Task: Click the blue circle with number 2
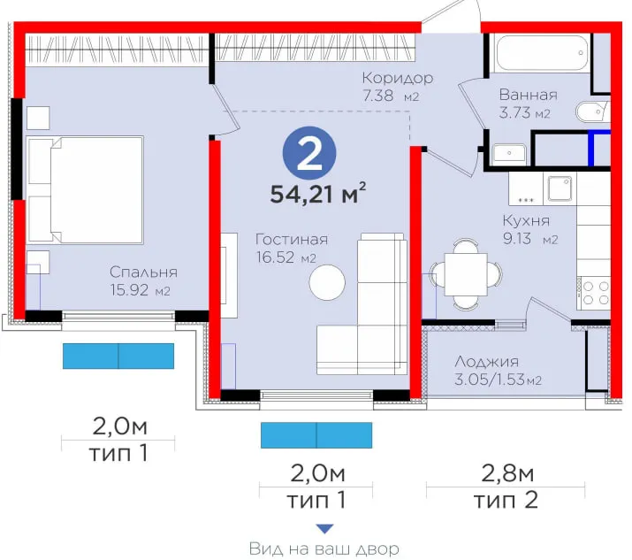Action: point(309,153)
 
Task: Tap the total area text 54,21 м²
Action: point(318,193)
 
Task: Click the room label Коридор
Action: point(398,78)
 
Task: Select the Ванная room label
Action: point(528,95)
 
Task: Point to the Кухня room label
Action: point(526,220)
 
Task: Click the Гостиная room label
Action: point(292,240)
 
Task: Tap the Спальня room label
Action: point(143,272)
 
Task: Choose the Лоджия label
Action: point(486,362)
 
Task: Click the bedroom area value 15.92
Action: point(129,290)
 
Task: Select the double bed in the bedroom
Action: point(85,190)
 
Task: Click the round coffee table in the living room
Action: point(327,282)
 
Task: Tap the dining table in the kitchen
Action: point(466,274)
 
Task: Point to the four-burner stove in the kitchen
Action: point(595,293)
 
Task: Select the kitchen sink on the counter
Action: point(560,188)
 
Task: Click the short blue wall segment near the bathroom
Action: point(590,149)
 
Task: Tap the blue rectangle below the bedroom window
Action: point(118,356)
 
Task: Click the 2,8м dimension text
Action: point(507,473)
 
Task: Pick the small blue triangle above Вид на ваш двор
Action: point(324,529)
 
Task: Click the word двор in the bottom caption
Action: point(378,549)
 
